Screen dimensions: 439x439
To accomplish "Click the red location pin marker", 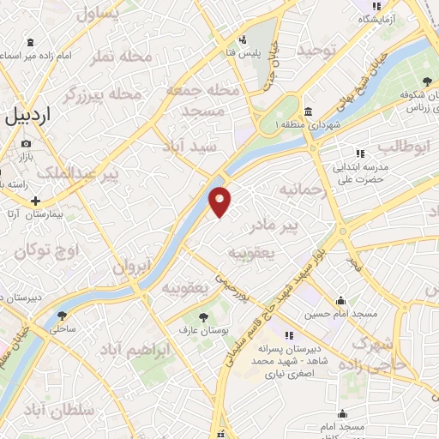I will coord(220,201).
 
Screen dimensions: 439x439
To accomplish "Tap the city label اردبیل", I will coord(40,115).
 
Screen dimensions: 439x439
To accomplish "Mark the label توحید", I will coord(314,51).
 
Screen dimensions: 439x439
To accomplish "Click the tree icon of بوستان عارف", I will coord(203,318).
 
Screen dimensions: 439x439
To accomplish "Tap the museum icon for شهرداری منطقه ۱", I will coord(308,111).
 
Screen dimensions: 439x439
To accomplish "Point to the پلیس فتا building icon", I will coord(243,39).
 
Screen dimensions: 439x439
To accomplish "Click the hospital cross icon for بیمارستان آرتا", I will coord(34,200).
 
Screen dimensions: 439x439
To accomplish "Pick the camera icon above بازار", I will coord(27,143).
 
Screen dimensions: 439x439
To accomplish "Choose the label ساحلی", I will coord(65,328).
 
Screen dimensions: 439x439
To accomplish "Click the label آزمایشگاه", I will coord(381,18).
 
